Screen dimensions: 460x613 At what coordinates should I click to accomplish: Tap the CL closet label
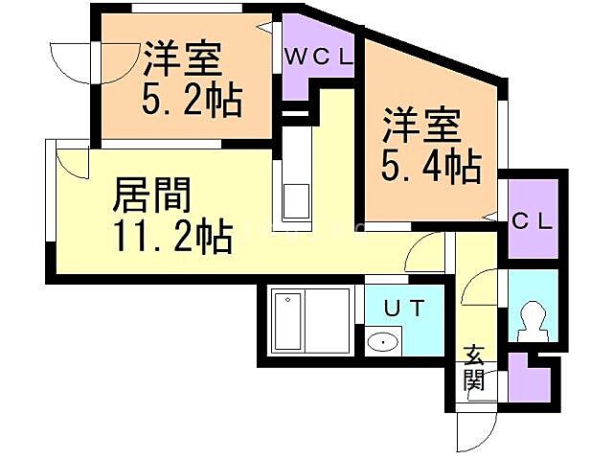[x=532, y=221]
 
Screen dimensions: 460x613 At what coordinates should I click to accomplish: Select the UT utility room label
[x=400, y=309]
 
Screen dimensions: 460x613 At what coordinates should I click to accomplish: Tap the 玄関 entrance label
[x=475, y=369]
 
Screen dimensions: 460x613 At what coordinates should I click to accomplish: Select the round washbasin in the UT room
[x=384, y=341]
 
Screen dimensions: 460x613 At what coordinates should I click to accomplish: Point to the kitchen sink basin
[x=293, y=202]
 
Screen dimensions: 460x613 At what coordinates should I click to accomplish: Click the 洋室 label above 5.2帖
[x=183, y=59]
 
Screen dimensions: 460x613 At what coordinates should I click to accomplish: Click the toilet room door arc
[x=485, y=285]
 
